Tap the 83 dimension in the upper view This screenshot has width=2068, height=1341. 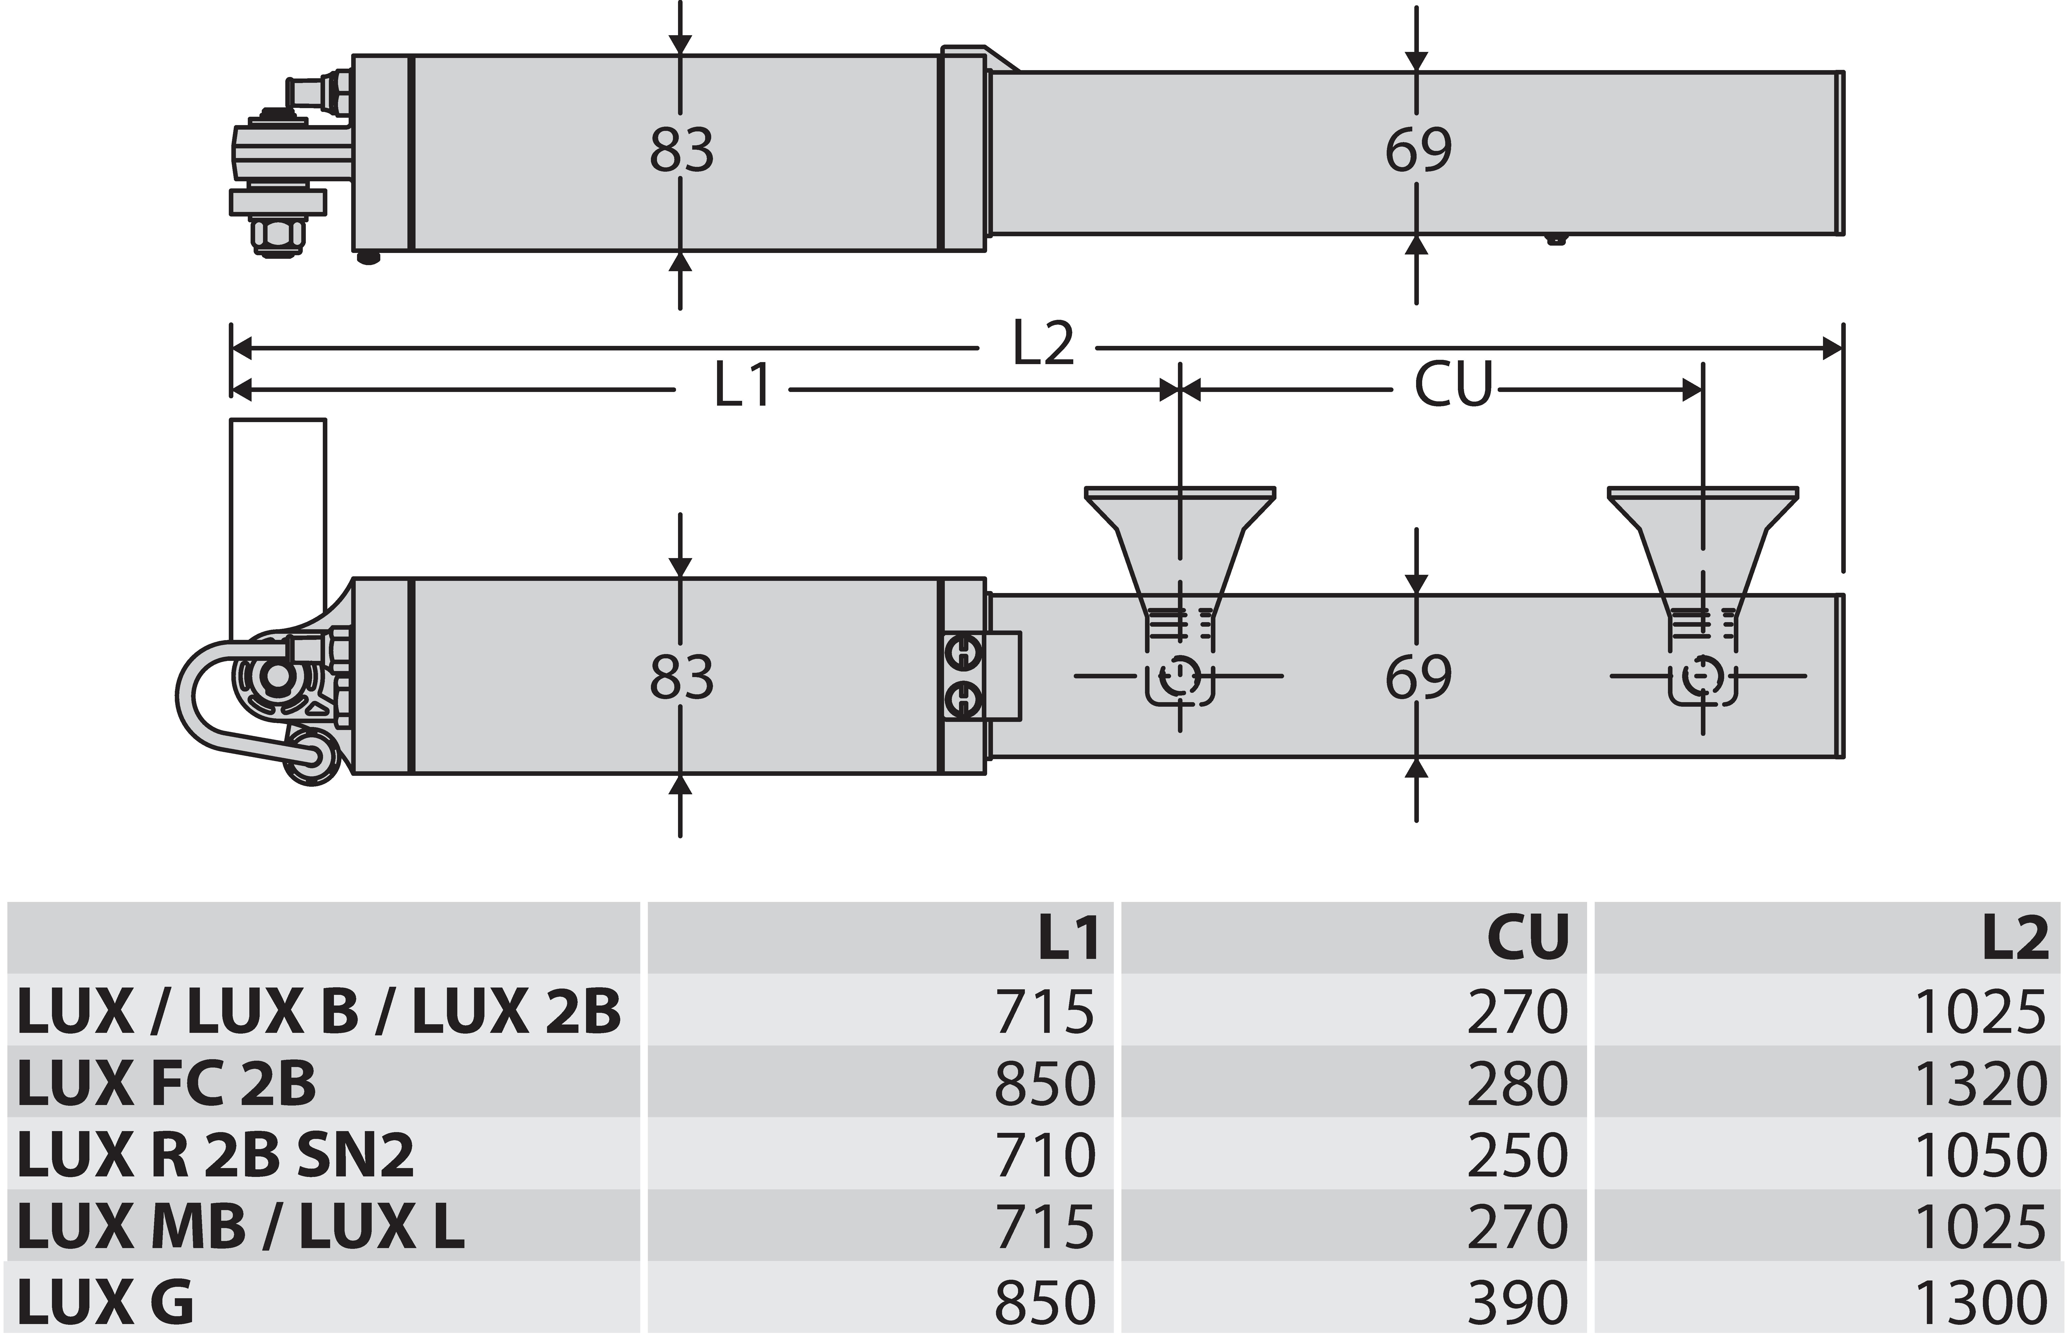tap(682, 150)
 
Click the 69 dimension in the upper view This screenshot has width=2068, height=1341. tap(1418, 150)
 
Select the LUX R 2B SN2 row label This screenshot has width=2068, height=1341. tap(215, 1155)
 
